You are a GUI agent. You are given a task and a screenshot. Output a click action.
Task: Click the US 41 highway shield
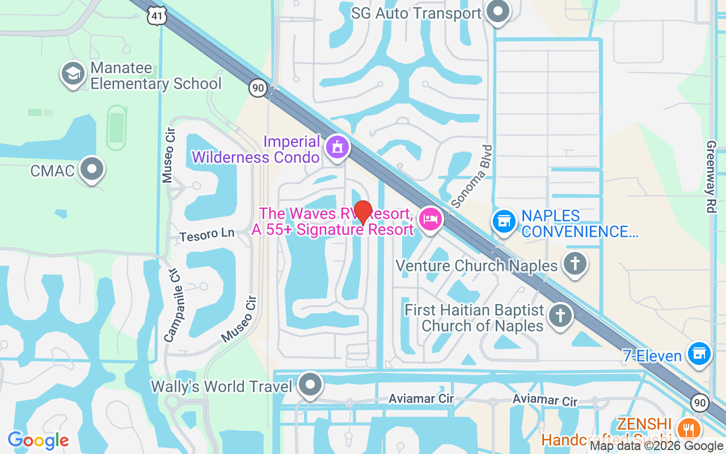pyautogui.click(x=157, y=16)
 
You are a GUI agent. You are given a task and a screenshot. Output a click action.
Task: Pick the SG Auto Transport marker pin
pyautogui.click(x=499, y=11)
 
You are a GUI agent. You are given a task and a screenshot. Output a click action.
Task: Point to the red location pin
pyautogui.click(x=362, y=212)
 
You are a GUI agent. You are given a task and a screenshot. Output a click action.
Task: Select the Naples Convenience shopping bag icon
pyautogui.click(x=503, y=221)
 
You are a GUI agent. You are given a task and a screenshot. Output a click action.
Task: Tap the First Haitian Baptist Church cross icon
pyautogui.click(x=560, y=315)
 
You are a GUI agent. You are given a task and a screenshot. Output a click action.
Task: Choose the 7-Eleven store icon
pyautogui.click(x=699, y=354)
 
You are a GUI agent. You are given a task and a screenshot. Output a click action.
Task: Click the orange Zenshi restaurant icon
pyautogui.click(x=689, y=428)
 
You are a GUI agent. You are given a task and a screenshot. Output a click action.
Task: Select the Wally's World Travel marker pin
pyautogui.click(x=310, y=385)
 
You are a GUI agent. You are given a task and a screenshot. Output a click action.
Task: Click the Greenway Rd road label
pyautogui.click(x=711, y=176)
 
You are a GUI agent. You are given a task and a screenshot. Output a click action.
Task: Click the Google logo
pyautogui.click(x=39, y=440)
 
